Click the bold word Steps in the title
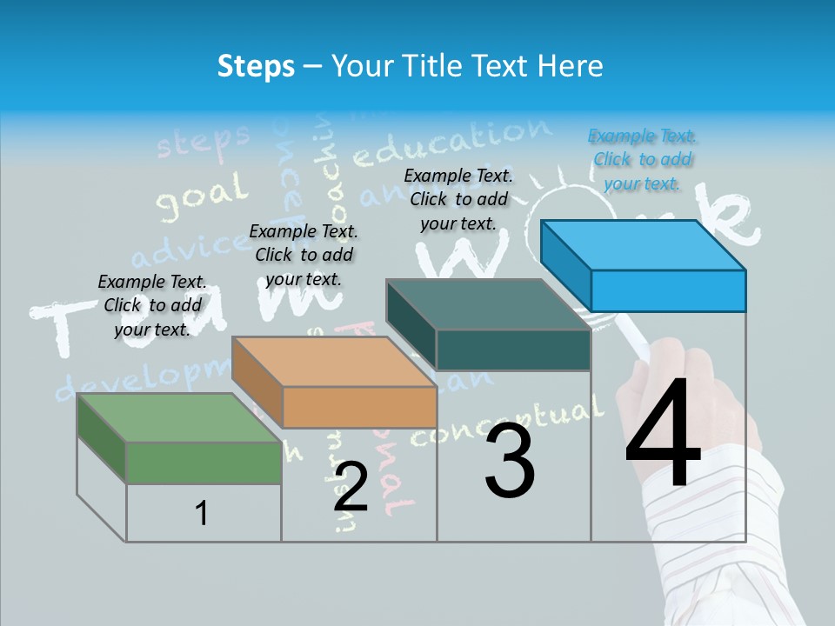[255, 66]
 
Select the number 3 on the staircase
[510, 461]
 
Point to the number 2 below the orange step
[351, 487]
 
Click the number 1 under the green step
[202, 513]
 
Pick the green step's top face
[179, 417]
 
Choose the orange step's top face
[334, 362]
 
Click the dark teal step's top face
[488, 305]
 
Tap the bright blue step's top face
[643, 245]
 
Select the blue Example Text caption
[643, 159]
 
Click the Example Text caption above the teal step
[458, 199]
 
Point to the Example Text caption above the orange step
[304, 255]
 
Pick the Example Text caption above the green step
[152, 305]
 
